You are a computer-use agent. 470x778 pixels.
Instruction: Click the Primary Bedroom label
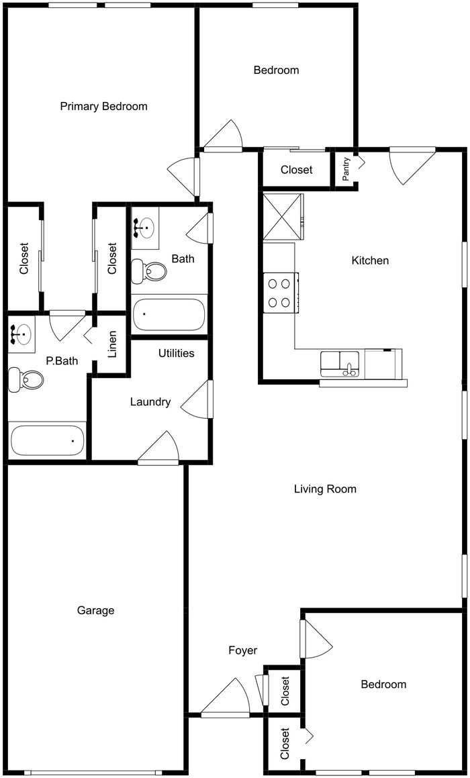click(x=103, y=106)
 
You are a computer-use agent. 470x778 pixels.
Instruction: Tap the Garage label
click(x=95, y=610)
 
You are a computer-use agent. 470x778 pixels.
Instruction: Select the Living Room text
click(x=325, y=489)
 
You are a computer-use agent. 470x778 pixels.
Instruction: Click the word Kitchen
click(x=370, y=260)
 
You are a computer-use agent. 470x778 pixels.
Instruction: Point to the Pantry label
click(x=346, y=169)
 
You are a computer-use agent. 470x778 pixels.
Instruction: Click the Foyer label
click(x=242, y=650)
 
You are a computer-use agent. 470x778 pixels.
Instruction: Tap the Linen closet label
click(x=112, y=344)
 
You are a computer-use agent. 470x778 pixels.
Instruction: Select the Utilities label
click(x=177, y=353)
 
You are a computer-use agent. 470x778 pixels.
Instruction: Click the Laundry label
click(x=150, y=402)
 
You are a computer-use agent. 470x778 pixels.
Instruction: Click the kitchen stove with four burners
click(x=281, y=293)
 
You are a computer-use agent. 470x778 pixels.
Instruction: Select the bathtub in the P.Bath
click(x=47, y=440)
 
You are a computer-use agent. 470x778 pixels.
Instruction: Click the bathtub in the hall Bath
click(x=169, y=315)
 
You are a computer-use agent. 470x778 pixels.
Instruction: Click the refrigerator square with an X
click(x=283, y=216)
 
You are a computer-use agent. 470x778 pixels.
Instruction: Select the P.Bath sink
click(x=21, y=334)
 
